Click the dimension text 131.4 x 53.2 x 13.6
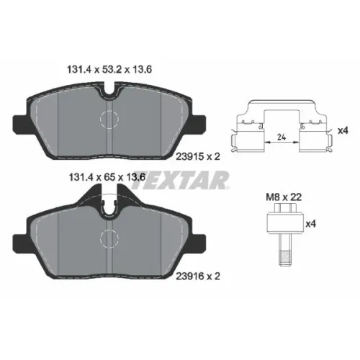109,70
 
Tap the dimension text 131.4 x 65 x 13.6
107,177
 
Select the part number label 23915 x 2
198,157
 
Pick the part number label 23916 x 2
198,276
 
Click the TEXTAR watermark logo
180,180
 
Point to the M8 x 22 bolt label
284,197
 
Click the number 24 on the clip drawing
282,138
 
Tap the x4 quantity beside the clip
343,131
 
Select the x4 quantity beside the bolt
310,224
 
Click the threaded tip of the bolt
285,258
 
